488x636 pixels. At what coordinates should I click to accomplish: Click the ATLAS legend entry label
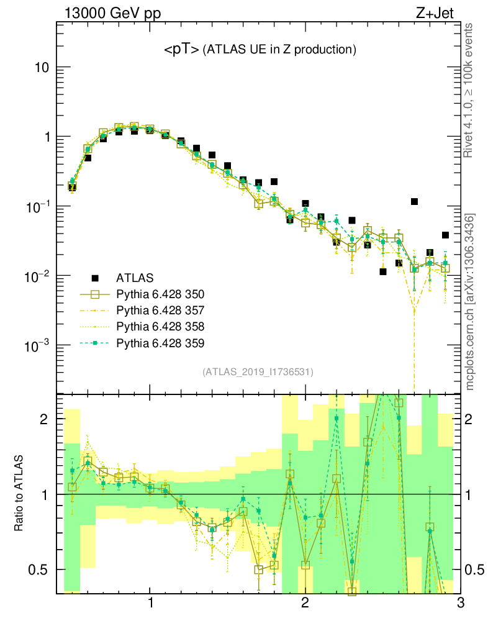(135, 278)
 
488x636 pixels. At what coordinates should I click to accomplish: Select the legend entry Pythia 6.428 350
(160, 294)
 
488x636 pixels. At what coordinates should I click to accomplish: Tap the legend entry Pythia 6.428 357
(160, 310)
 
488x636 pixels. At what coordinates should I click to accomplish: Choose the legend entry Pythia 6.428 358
(160, 326)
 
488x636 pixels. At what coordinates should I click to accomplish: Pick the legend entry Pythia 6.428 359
(160, 343)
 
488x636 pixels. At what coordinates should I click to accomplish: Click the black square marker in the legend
(95, 278)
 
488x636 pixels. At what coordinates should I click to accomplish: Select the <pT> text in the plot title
(181, 50)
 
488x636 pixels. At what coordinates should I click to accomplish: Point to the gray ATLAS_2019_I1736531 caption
(258, 372)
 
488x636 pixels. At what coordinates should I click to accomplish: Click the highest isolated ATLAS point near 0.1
(414, 201)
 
